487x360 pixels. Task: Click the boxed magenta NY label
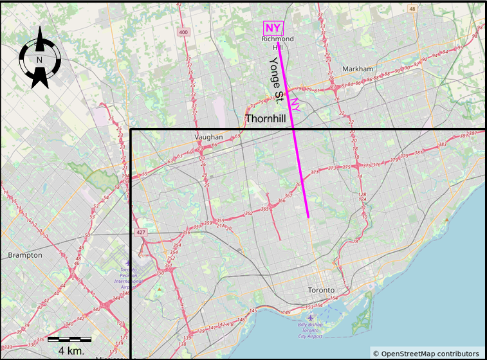pyautogui.click(x=273, y=28)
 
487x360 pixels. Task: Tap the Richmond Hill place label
pyautogui.click(x=278, y=43)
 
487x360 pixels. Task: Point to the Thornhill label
pyautogui.click(x=265, y=119)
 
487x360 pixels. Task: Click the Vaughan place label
pyautogui.click(x=208, y=138)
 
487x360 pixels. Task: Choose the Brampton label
pyautogui.click(x=25, y=255)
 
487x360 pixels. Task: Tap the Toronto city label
pyautogui.click(x=322, y=290)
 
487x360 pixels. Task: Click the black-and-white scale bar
pyautogui.click(x=69, y=339)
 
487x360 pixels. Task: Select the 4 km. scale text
pyautogui.click(x=71, y=350)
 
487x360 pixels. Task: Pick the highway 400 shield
pyautogui.click(x=184, y=32)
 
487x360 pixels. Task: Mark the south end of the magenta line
pyautogui.click(x=308, y=217)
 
